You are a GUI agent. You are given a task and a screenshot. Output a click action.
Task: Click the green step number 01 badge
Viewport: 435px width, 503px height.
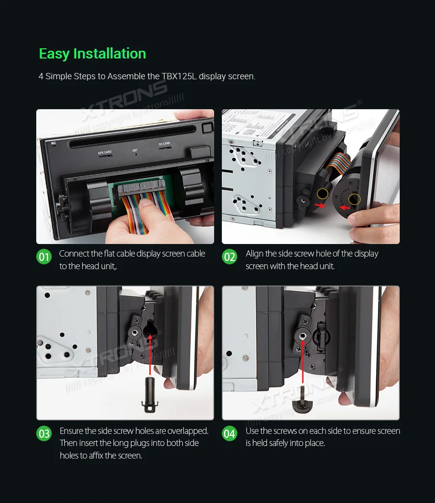tap(44, 257)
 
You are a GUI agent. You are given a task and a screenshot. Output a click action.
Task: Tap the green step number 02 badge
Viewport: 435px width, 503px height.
tap(230, 257)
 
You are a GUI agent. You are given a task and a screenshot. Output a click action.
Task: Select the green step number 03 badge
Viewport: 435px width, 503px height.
tap(44, 433)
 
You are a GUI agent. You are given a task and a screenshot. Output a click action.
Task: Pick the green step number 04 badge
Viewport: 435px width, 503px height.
tap(230, 433)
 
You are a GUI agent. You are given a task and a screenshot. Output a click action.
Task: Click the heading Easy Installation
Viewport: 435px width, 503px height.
tap(92, 54)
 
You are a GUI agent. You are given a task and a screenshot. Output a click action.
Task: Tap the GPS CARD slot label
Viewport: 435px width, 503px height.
tap(105, 152)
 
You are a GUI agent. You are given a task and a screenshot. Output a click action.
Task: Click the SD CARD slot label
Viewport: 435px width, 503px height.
tap(164, 144)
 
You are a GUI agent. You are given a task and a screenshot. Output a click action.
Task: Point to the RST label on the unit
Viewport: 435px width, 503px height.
tap(135, 150)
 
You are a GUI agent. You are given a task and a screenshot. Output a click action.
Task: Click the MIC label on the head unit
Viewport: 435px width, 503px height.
tap(54, 144)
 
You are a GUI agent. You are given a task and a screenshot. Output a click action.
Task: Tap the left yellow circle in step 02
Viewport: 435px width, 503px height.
tap(322, 194)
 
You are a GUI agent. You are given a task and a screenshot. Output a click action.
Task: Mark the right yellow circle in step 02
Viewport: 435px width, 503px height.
tap(354, 199)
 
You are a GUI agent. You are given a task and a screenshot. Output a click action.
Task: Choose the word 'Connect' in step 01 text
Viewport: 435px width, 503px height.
tap(73, 254)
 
